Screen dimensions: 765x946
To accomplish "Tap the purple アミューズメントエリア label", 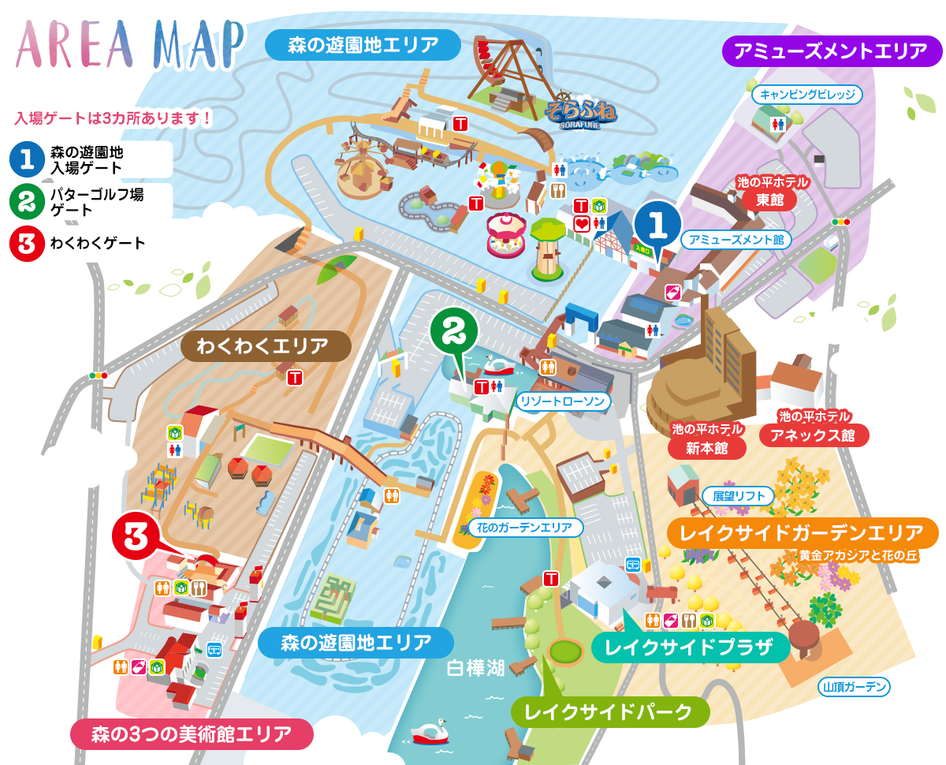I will tap(831, 52).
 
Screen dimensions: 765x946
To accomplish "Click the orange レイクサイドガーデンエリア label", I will tap(802, 532).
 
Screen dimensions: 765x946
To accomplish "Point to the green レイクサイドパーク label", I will tap(609, 712).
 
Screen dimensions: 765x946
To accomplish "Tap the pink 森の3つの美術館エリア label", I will tap(192, 733).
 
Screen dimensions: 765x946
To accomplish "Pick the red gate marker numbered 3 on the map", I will tap(135, 538).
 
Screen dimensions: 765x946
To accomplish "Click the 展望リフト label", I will tap(739, 496).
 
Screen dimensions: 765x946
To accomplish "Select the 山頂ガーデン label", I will tap(855, 687).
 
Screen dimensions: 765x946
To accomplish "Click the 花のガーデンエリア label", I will tap(525, 527).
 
